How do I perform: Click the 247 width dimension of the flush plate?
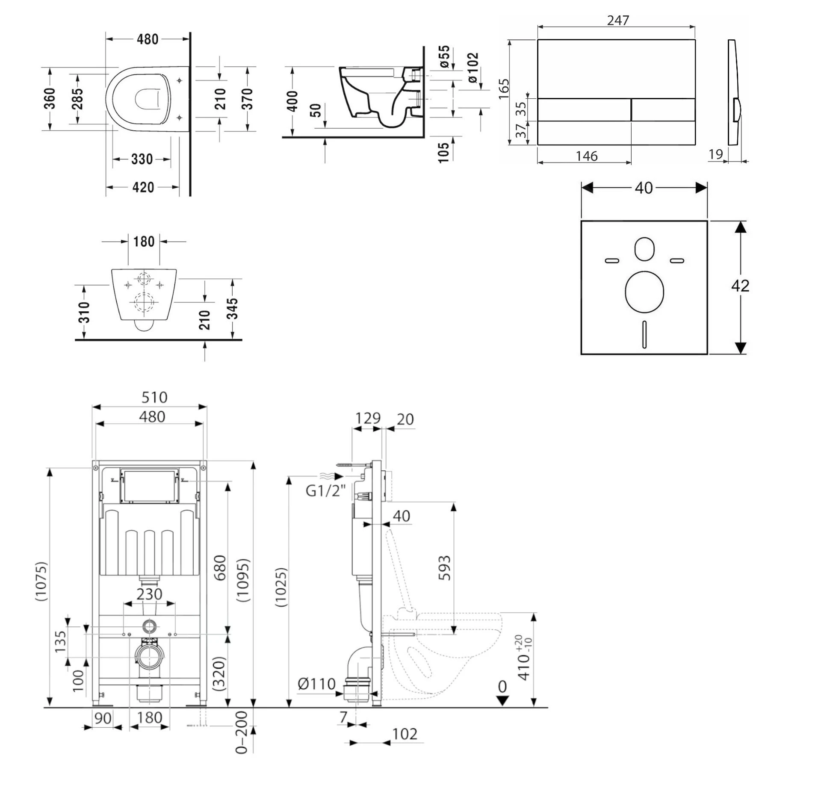[618, 20]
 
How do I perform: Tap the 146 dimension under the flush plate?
[586, 156]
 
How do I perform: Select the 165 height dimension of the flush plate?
[504, 89]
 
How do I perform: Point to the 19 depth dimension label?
[715, 154]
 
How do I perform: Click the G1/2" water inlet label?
[325, 490]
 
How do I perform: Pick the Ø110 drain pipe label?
[316, 684]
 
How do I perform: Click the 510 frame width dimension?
[154, 398]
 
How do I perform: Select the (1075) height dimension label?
[41, 582]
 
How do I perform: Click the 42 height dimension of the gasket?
[740, 286]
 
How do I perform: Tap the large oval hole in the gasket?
[644, 292]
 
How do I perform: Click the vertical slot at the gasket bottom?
[644, 334]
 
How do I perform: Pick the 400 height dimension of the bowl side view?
[292, 101]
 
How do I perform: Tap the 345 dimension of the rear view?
[232, 309]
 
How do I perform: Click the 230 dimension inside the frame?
[149, 594]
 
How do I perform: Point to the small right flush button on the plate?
[663, 109]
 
